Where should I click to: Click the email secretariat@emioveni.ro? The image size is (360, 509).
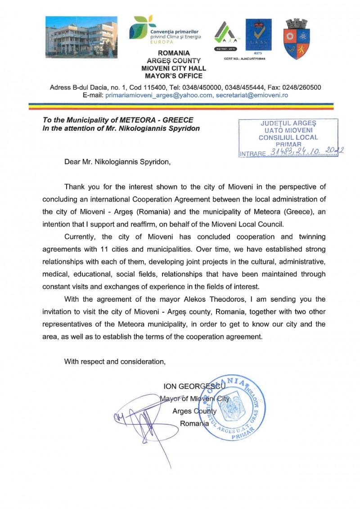252,95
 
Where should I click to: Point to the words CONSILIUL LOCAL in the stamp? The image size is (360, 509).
288,137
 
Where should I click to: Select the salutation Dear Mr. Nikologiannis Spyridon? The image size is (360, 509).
118,162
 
